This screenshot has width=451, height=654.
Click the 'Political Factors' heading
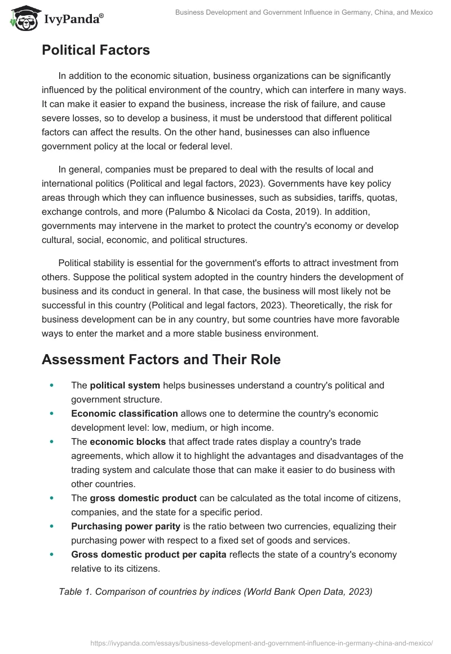tap(95, 50)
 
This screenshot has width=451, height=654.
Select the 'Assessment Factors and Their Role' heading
tap(161, 359)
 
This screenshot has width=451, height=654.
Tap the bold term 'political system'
tap(125, 386)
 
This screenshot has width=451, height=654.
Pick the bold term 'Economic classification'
tap(124, 413)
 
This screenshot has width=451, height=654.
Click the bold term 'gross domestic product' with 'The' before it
tap(143, 498)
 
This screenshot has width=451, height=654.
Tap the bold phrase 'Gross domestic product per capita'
tap(149, 554)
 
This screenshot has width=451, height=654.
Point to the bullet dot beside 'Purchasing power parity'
tap(52, 526)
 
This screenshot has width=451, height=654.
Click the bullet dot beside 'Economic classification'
tap(52, 413)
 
